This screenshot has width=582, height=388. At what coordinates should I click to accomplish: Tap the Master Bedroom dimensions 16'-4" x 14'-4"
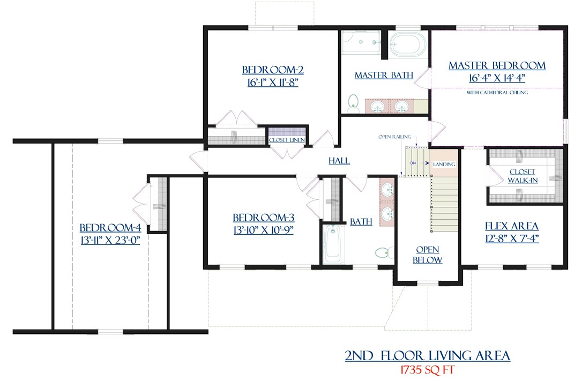(497, 77)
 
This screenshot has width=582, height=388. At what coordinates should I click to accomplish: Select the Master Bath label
(384, 76)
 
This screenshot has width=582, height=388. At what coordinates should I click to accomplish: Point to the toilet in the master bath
(353, 101)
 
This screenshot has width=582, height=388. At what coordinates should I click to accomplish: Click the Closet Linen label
(287, 140)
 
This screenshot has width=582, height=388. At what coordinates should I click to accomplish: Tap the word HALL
(339, 161)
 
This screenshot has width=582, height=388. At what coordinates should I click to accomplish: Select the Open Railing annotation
(391, 137)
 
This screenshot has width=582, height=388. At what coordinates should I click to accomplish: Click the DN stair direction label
(413, 162)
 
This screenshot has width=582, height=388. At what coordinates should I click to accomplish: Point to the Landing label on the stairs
(444, 164)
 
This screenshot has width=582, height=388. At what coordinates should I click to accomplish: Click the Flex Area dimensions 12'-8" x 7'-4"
(511, 238)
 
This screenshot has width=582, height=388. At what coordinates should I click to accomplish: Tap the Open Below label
(427, 255)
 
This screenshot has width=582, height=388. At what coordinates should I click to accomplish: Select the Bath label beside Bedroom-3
(361, 222)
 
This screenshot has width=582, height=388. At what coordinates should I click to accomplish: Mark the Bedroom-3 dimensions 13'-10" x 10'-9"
(263, 230)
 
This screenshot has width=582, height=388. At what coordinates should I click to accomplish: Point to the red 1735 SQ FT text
(428, 370)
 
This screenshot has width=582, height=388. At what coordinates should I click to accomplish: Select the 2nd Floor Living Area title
(427, 355)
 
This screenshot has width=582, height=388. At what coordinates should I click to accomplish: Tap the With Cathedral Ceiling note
(497, 93)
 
